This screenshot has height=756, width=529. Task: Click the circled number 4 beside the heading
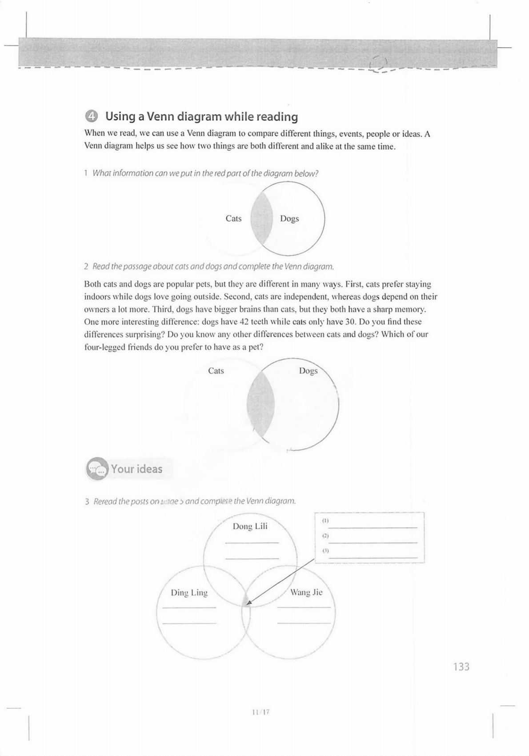pos(91,117)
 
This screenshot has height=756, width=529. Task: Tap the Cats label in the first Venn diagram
pos(233,218)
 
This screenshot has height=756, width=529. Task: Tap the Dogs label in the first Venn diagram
pos(289,218)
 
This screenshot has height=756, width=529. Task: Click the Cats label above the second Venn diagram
pos(216,370)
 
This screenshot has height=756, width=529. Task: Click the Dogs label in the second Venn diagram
pos(308,370)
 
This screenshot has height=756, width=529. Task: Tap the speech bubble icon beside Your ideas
pos(97,469)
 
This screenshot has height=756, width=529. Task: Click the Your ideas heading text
pos(136,469)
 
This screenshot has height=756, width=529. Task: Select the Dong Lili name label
pos(250,526)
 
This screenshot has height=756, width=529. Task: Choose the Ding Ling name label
pos(189,593)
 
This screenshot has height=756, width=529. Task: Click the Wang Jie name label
pos(306,592)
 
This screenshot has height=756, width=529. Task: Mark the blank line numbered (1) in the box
pos(373,527)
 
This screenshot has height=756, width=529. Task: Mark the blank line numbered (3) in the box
pos(373,557)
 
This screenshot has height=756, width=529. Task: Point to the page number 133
pos(461,667)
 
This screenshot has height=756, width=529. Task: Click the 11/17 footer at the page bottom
pos(261,712)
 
